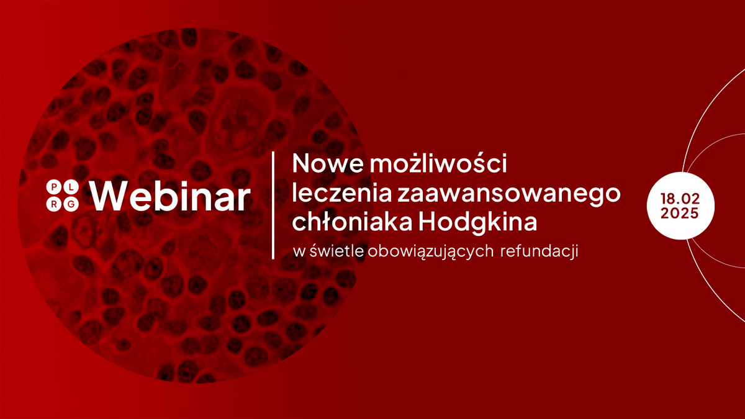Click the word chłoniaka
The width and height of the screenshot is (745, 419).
[354, 222]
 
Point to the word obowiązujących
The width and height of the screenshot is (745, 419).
[431, 252]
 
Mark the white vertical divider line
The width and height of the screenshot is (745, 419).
[274, 204]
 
